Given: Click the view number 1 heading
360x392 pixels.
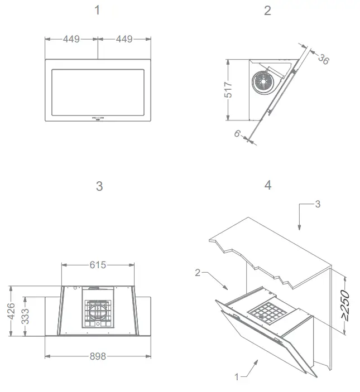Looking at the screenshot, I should (98, 11).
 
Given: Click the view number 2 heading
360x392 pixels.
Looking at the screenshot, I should (267, 11).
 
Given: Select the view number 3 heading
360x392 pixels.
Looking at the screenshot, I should (99, 186).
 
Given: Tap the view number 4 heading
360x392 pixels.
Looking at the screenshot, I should (268, 185).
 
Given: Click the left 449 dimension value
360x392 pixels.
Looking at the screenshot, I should (71, 39).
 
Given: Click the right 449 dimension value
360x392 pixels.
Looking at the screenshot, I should (124, 39).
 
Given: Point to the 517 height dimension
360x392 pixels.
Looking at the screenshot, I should (228, 89).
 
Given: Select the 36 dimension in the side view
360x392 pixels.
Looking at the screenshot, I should (323, 59).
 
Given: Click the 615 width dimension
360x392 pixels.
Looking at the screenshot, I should (98, 265).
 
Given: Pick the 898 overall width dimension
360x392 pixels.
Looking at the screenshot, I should (98, 356).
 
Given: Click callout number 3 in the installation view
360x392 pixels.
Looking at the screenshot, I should (318, 204).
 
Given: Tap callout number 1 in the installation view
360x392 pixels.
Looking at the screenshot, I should (237, 377).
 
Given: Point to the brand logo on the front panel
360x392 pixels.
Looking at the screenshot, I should (98, 118).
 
